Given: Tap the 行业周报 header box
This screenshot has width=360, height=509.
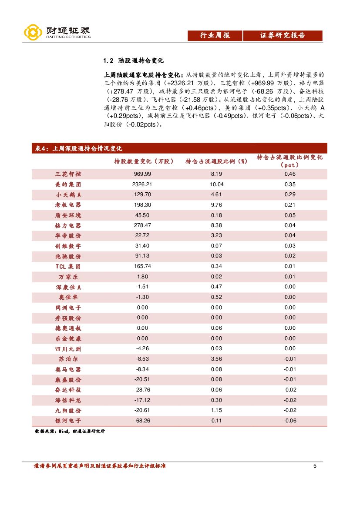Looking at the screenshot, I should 215,36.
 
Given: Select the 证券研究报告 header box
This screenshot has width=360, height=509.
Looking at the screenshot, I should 283,36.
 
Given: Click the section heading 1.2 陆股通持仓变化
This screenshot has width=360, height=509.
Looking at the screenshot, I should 133,60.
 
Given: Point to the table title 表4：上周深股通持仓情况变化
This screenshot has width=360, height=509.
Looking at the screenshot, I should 78,148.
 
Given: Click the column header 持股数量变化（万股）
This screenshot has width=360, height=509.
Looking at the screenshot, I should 144,161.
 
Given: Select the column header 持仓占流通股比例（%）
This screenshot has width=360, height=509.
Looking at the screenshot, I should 216,161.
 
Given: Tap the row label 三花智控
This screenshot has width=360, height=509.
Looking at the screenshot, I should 68,174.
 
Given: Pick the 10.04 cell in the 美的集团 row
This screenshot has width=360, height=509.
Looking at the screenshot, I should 216,184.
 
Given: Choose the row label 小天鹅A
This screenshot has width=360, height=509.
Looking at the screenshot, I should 68,194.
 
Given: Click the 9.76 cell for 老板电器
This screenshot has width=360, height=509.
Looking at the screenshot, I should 216,205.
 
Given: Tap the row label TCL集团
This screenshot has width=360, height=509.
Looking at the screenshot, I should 68,266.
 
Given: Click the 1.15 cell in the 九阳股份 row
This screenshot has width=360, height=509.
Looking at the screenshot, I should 216,410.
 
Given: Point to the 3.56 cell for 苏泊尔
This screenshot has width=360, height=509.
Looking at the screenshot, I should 216,359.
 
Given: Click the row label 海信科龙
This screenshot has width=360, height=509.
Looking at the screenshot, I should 68,400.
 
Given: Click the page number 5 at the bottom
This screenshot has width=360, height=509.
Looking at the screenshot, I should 315,466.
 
